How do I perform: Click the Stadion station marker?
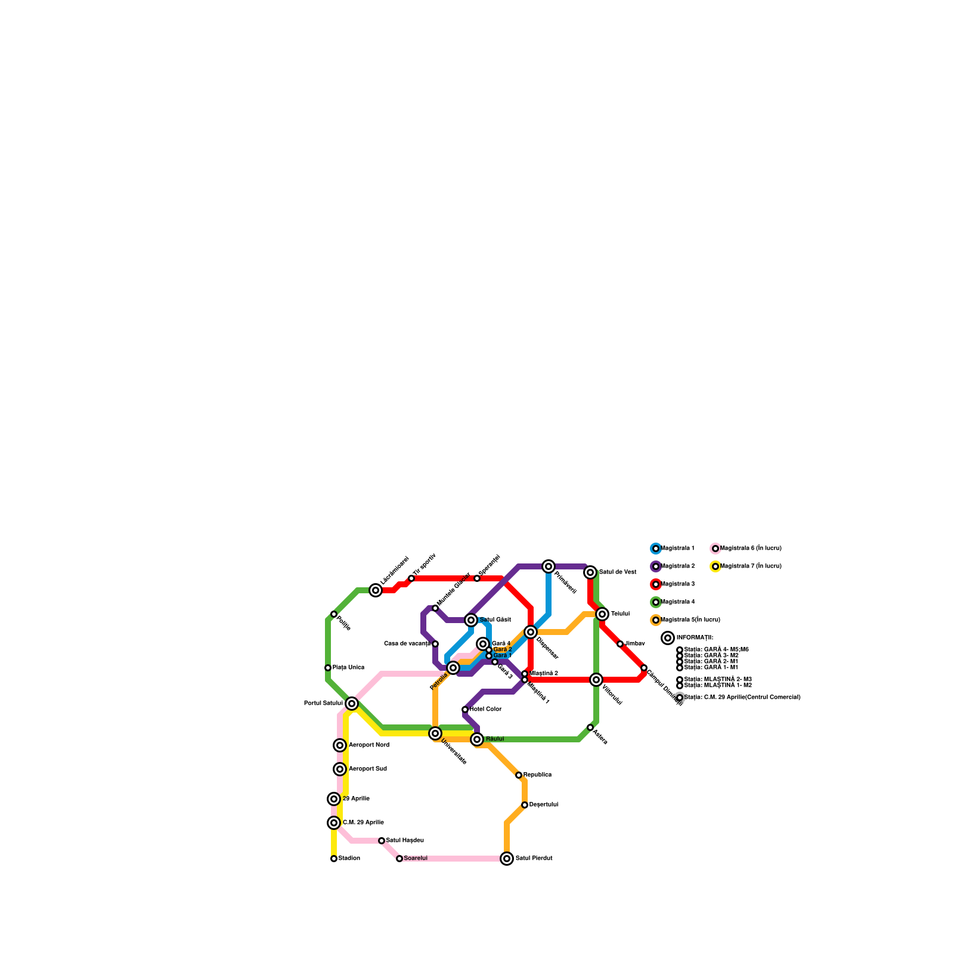click(x=334, y=859)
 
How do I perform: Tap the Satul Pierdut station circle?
click(x=507, y=859)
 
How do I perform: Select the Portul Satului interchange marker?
click(x=352, y=704)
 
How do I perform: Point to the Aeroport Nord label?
click(x=368, y=745)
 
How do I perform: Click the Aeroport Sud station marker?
click(x=340, y=769)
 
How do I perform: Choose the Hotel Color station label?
click(x=485, y=710)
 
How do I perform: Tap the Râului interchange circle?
click(x=477, y=739)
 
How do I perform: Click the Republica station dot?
click(x=519, y=775)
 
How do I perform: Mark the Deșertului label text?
click(x=543, y=805)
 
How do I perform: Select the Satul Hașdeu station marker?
click(x=382, y=841)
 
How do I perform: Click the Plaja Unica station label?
click(x=348, y=668)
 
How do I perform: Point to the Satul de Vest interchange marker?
click(x=590, y=572)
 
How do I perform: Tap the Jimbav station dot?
click(x=620, y=644)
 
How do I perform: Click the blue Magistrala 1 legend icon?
click(x=656, y=549)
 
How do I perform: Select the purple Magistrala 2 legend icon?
click(x=656, y=566)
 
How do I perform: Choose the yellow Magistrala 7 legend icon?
click(x=715, y=566)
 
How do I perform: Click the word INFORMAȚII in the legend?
click(x=695, y=638)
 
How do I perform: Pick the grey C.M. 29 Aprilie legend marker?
click(x=680, y=698)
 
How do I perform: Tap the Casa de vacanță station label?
click(x=407, y=644)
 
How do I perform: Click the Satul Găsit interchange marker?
click(x=471, y=620)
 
